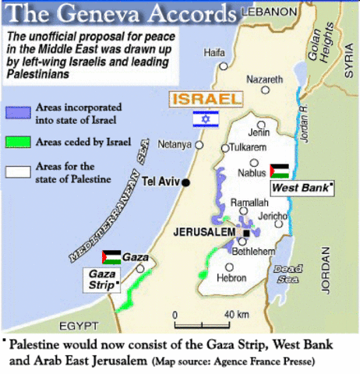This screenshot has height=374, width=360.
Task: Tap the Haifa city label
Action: coord(214,52)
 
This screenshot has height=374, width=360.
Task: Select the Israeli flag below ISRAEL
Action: coord(206,119)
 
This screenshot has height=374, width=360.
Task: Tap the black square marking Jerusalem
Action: coord(246,232)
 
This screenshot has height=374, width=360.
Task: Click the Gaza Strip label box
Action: coord(103,280)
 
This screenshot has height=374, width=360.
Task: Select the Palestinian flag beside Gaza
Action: coord(111,257)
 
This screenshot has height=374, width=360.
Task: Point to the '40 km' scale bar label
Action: coord(236,314)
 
